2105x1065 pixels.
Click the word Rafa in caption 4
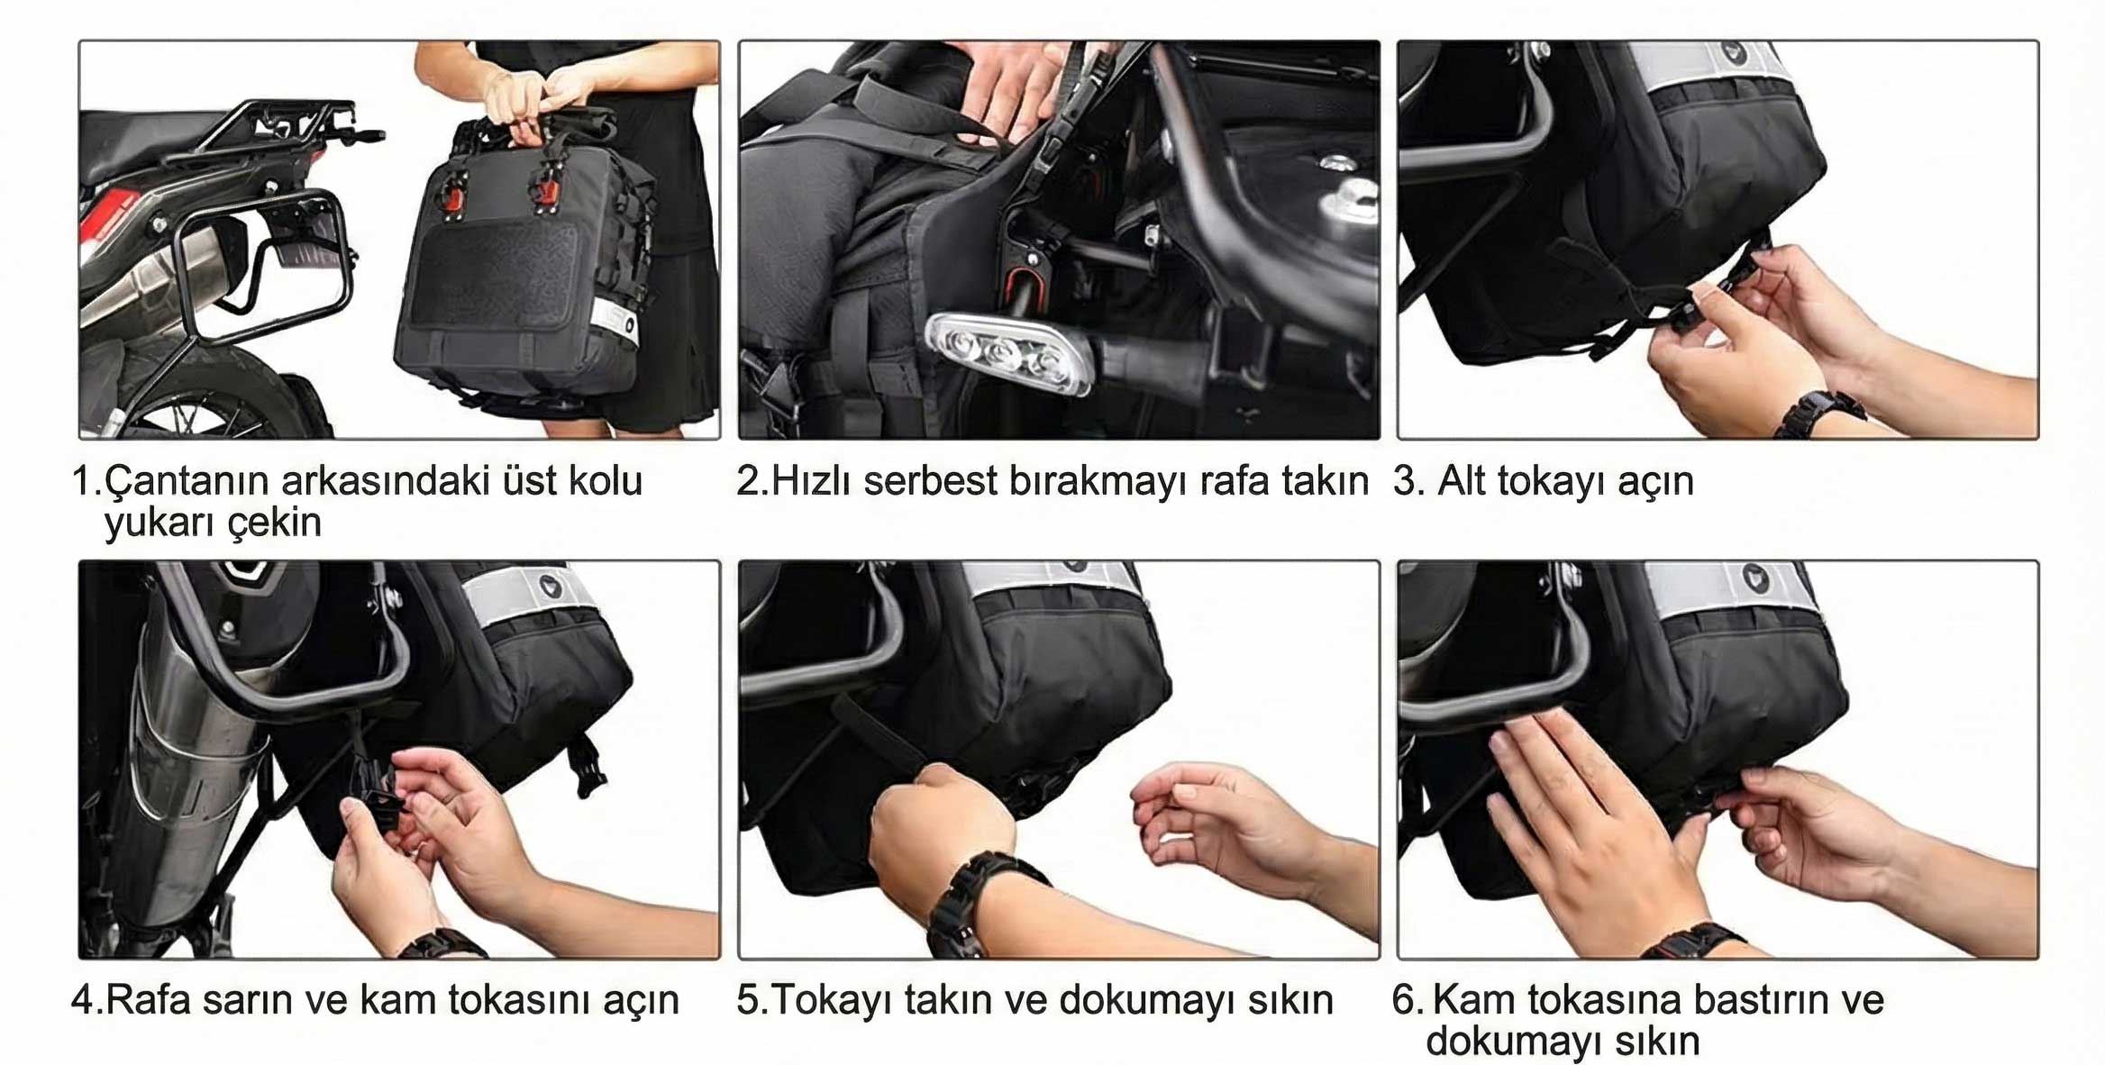pos(148,1000)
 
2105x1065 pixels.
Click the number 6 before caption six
pos(1403,1000)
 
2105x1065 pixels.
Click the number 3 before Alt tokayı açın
pos(1403,482)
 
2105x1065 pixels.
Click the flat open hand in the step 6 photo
pos(1586,820)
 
